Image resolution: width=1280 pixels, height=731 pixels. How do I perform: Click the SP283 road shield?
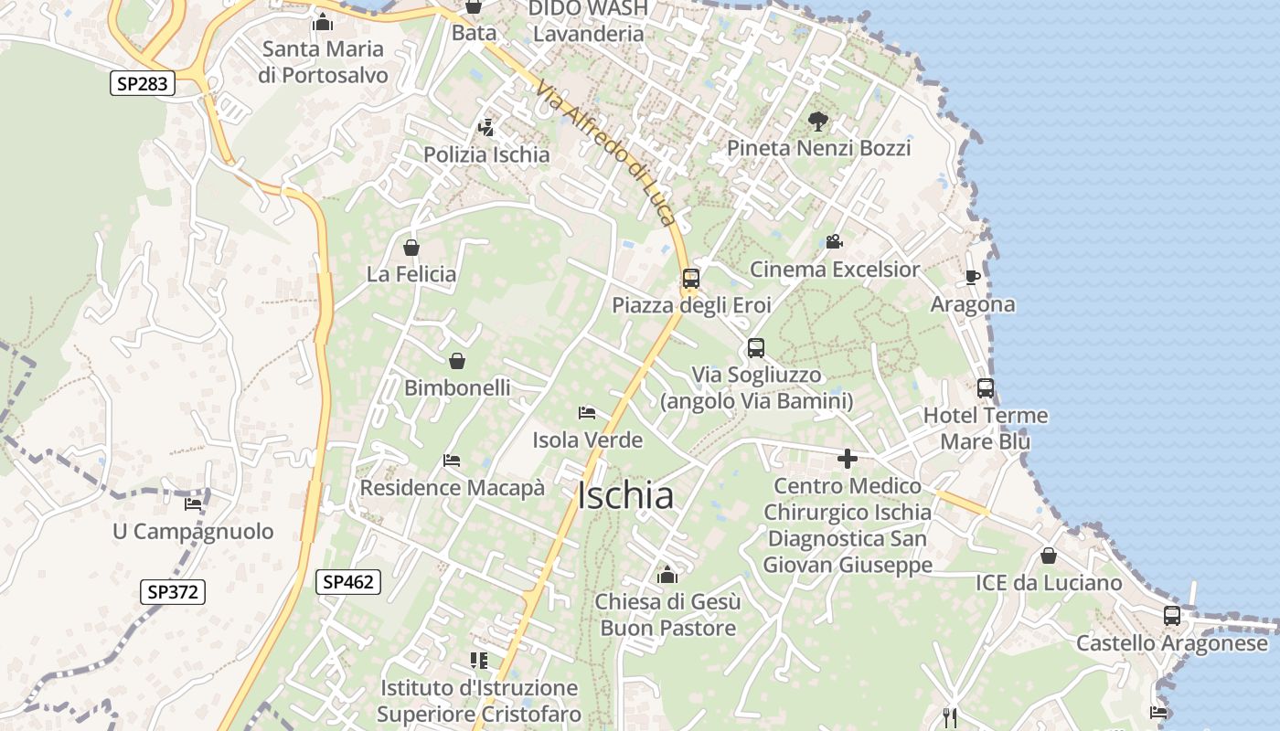[x=142, y=84]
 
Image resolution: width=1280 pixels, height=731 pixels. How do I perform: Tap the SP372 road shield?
[x=173, y=591]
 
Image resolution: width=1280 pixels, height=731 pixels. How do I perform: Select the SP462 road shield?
[x=348, y=581]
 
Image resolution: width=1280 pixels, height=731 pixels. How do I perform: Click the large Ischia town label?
[x=626, y=495]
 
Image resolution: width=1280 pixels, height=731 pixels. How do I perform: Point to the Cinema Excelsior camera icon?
[x=834, y=242]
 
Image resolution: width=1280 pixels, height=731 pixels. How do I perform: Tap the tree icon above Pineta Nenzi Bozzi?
[x=818, y=120]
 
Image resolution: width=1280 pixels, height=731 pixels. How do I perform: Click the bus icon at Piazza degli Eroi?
[x=691, y=279]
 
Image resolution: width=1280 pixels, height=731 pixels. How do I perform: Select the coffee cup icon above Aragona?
[x=972, y=277]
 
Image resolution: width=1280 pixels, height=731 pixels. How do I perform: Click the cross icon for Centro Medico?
[x=848, y=459]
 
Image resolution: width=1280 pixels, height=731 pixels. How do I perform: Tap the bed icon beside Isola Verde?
[x=587, y=413]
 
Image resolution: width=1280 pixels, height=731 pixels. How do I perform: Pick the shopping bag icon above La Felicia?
[x=411, y=247]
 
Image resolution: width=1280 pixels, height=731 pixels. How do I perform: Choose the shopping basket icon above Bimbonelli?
[x=457, y=361]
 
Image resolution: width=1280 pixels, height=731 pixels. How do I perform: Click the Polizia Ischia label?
[x=486, y=154]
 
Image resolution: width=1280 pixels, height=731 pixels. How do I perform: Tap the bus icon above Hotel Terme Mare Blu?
[x=986, y=388]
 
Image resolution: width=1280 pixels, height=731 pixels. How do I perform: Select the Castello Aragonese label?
[x=1172, y=643]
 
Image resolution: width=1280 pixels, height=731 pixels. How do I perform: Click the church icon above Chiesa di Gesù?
[x=667, y=575]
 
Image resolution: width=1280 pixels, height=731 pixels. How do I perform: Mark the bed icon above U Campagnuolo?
[x=193, y=503]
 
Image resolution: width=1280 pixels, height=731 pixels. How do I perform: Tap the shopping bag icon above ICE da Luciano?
[x=1049, y=556]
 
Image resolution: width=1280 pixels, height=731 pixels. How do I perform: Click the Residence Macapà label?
[x=452, y=488]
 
